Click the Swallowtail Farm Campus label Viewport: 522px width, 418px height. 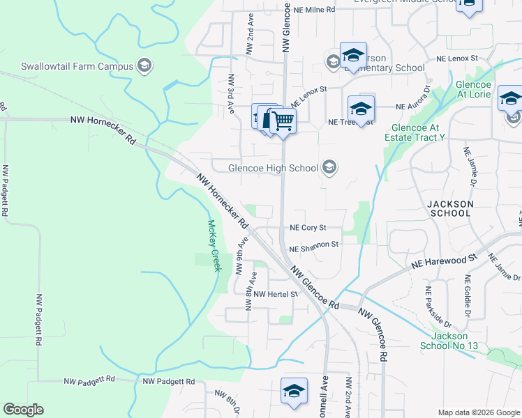[x=77, y=67]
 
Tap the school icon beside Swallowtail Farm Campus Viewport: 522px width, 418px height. [x=144, y=66]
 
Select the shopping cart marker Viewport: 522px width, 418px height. [x=283, y=121]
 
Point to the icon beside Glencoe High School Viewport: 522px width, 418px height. [x=330, y=167]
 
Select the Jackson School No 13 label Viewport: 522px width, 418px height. [x=449, y=341]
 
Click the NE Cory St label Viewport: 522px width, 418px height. [x=308, y=228]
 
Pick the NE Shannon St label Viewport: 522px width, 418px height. [x=313, y=245]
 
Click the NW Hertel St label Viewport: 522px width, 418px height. [x=276, y=294]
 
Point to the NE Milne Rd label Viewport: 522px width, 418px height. [x=314, y=10]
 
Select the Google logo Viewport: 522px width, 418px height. [x=23, y=410]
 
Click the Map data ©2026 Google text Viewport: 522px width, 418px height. [x=478, y=412]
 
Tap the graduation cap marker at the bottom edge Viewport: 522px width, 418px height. [x=294, y=392]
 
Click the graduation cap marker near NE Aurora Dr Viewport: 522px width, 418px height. [x=361, y=109]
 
